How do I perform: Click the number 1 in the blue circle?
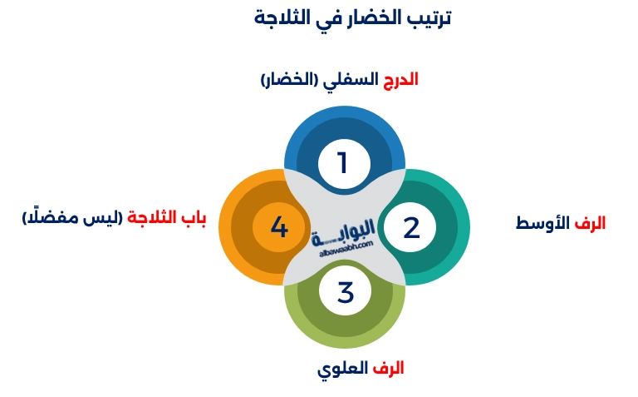[x=341, y=162]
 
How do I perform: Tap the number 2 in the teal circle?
[x=412, y=227]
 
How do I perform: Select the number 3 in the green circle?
[x=346, y=292]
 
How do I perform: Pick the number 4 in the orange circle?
[x=279, y=227]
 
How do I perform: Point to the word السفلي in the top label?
[x=351, y=80]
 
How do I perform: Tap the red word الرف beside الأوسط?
[x=591, y=223]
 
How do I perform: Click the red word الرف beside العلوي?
[x=388, y=368]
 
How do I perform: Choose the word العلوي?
[x=343, y=368]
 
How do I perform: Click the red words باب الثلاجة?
[x=166, y=219]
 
